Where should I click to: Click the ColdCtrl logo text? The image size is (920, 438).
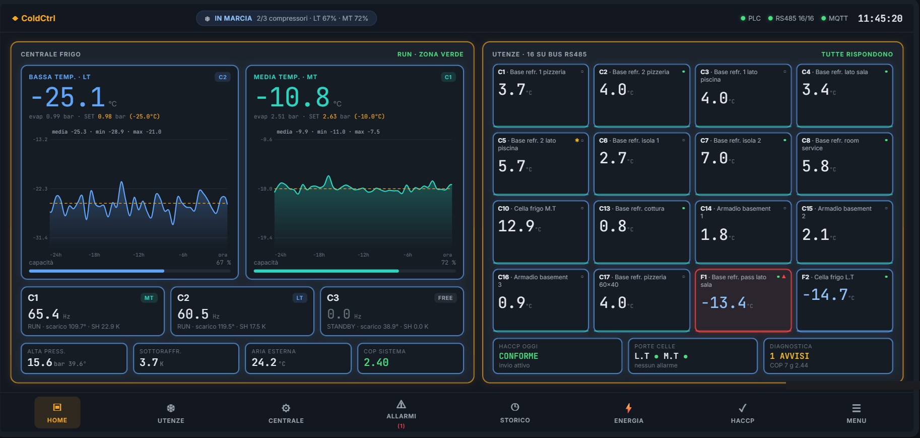pyautogui.click(x=38, y=18)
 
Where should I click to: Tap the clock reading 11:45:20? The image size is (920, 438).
pyautogui.click(x=880, y=18)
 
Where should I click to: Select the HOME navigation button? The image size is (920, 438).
pyautogui.click(x=57, y=412)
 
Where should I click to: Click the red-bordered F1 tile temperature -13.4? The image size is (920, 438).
pyautogui.click(x=724, y=302)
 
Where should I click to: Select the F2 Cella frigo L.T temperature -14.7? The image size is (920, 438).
pyautogui.click(x=825, y=294)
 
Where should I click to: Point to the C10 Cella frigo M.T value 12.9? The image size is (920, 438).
pyautogui.click(x=516, y=226)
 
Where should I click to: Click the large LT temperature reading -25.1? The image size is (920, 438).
pyautogui.click(x=68, y=97)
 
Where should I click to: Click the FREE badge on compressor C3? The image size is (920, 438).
pyautogui.click(x=445, y=298)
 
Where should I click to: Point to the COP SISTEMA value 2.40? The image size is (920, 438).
pyautogui.click(x=376, y=362)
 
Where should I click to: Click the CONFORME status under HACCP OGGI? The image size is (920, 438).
pyautogui.click(x=518, y=356)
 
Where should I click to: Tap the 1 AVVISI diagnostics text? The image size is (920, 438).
pyautogui.click(x=789, y=356)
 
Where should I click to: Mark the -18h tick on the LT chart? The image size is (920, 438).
pyautogui.click(x=94, y=255)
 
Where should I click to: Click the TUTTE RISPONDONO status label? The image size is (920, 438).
pyautogui.click(x=857, y=54)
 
